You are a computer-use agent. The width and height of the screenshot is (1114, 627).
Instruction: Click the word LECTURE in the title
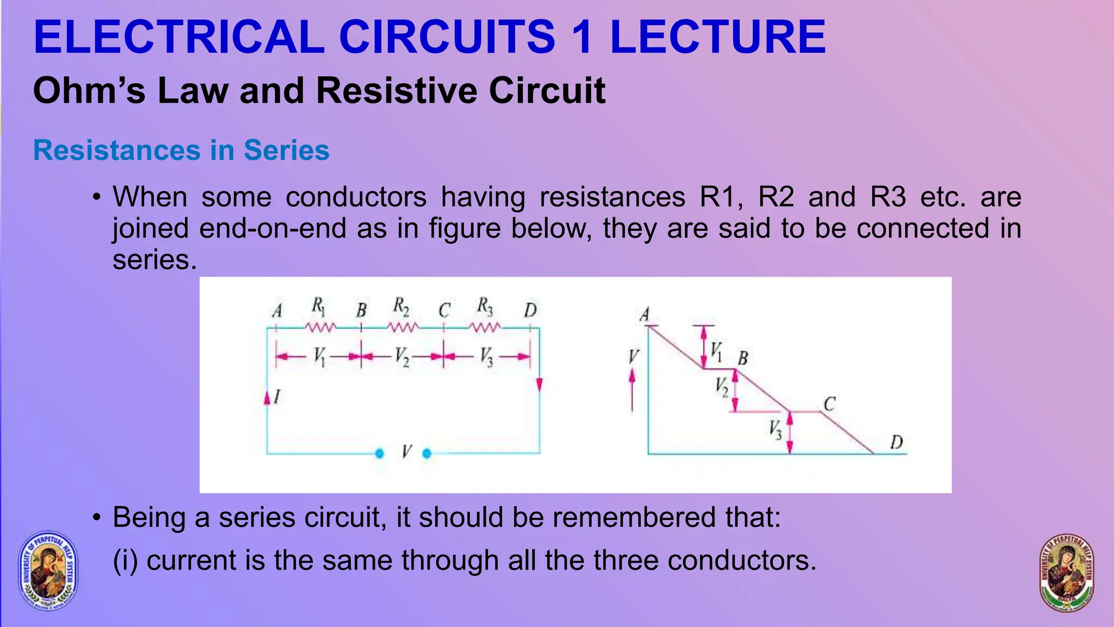[717, 37]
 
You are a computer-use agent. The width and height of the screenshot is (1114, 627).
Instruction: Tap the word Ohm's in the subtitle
[89, 90]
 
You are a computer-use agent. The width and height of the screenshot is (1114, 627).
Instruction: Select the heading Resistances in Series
[181, 150]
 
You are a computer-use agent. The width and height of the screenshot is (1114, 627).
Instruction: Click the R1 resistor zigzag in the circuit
[320, 328]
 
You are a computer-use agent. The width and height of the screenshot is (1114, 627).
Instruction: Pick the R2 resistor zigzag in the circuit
[403, 328]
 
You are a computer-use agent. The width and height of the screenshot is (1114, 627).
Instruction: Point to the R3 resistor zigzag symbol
[485, 328]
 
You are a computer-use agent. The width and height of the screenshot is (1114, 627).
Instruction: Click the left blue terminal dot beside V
[380, 453]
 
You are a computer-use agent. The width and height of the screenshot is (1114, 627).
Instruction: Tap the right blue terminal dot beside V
[427, 453]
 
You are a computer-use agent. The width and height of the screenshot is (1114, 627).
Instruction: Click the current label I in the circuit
[277, 397]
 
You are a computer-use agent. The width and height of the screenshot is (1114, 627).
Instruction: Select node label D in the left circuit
[530, 310]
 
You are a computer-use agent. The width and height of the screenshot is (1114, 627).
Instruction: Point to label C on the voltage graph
[829, 404]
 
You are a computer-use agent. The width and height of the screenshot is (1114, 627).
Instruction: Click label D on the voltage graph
[896, 442]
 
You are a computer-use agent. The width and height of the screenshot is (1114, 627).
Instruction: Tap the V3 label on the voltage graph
[776, 430]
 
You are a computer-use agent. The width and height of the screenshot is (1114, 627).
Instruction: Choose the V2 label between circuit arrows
[402, 357]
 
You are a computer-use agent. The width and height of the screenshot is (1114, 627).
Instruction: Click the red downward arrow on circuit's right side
[539, 385]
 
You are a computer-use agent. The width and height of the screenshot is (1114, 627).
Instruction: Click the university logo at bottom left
[48, 570]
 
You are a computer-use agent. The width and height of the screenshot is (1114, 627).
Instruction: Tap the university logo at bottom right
[1067, 573]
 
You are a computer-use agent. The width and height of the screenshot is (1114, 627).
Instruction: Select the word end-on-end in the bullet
[273, 228]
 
